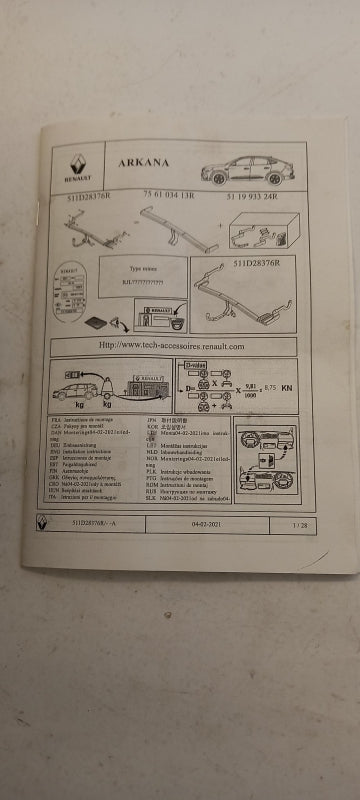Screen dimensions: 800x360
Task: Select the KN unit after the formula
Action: pyautogui.click(x=288, y=387)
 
